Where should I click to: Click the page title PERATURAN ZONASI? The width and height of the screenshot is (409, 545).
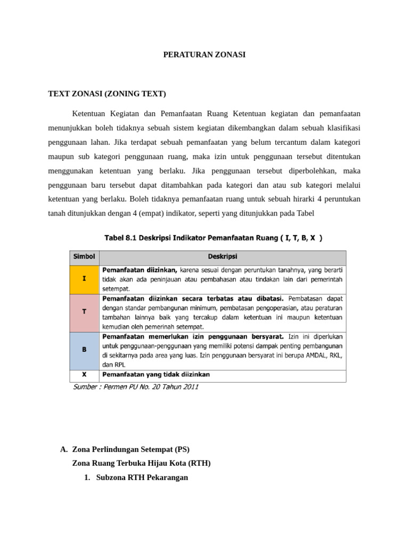(204, 54)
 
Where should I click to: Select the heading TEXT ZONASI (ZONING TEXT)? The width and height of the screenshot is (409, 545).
(107, 94)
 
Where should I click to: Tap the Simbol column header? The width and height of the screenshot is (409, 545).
(84, 257)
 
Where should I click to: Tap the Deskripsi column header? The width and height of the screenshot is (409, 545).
(223, 257)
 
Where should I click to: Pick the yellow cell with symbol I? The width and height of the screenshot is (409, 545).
(84, 278)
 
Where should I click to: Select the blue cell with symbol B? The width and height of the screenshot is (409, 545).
(84, 351)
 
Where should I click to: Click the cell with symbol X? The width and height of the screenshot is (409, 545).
(84, 375)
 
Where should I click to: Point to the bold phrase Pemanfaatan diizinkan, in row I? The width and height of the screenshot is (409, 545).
(140, 270)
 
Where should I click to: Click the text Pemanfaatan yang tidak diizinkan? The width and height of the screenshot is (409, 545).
(156, 375)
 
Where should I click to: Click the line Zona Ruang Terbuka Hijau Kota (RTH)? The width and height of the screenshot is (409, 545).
(141, 463)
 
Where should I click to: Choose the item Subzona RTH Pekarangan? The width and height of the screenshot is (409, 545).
(142, 477)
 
